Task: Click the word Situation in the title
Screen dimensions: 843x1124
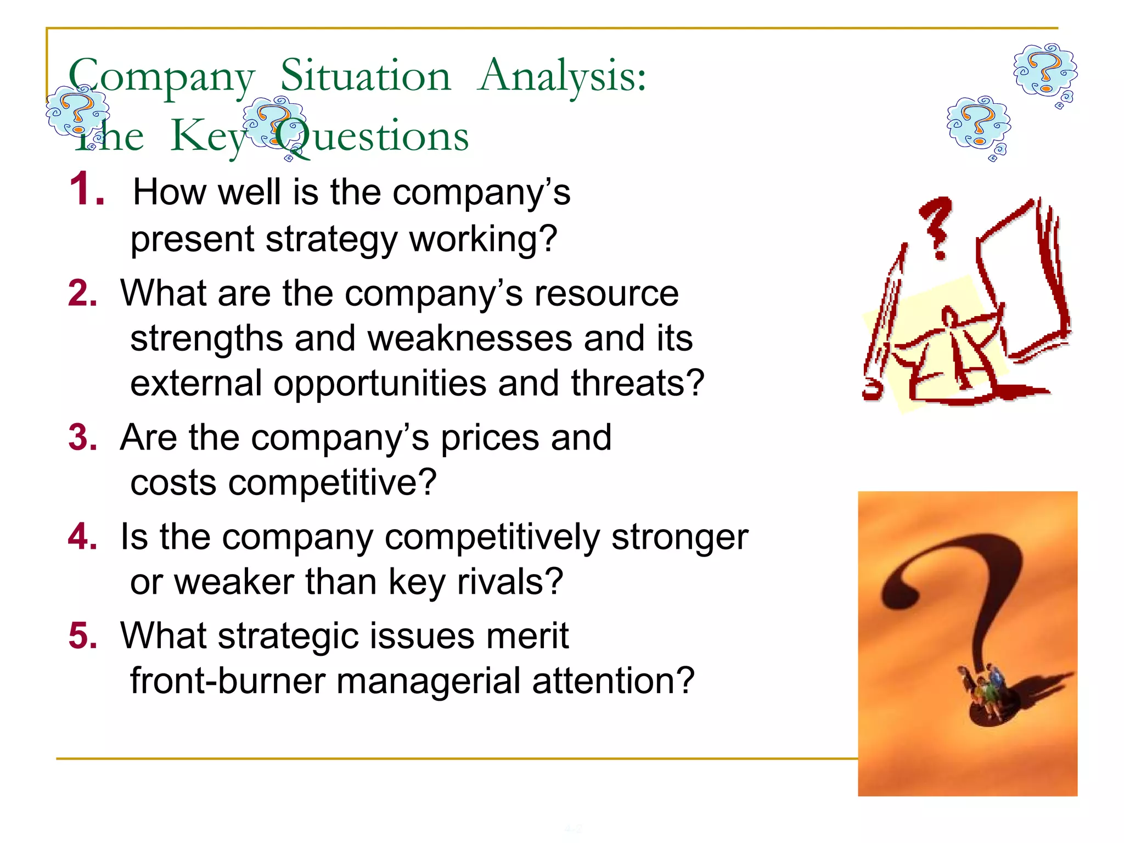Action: tap(366, 76)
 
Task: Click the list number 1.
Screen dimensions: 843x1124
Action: tap(87, 190)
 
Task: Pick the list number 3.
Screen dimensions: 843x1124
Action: tap(83, 438)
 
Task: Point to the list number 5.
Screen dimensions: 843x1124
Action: tap(83, 636)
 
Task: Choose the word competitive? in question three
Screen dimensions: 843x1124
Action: tap(332, 482)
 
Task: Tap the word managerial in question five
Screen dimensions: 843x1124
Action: tap(428, 681)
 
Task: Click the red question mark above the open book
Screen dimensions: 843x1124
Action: tap(936, 226)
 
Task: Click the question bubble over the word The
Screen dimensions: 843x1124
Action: tap(77, 113)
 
